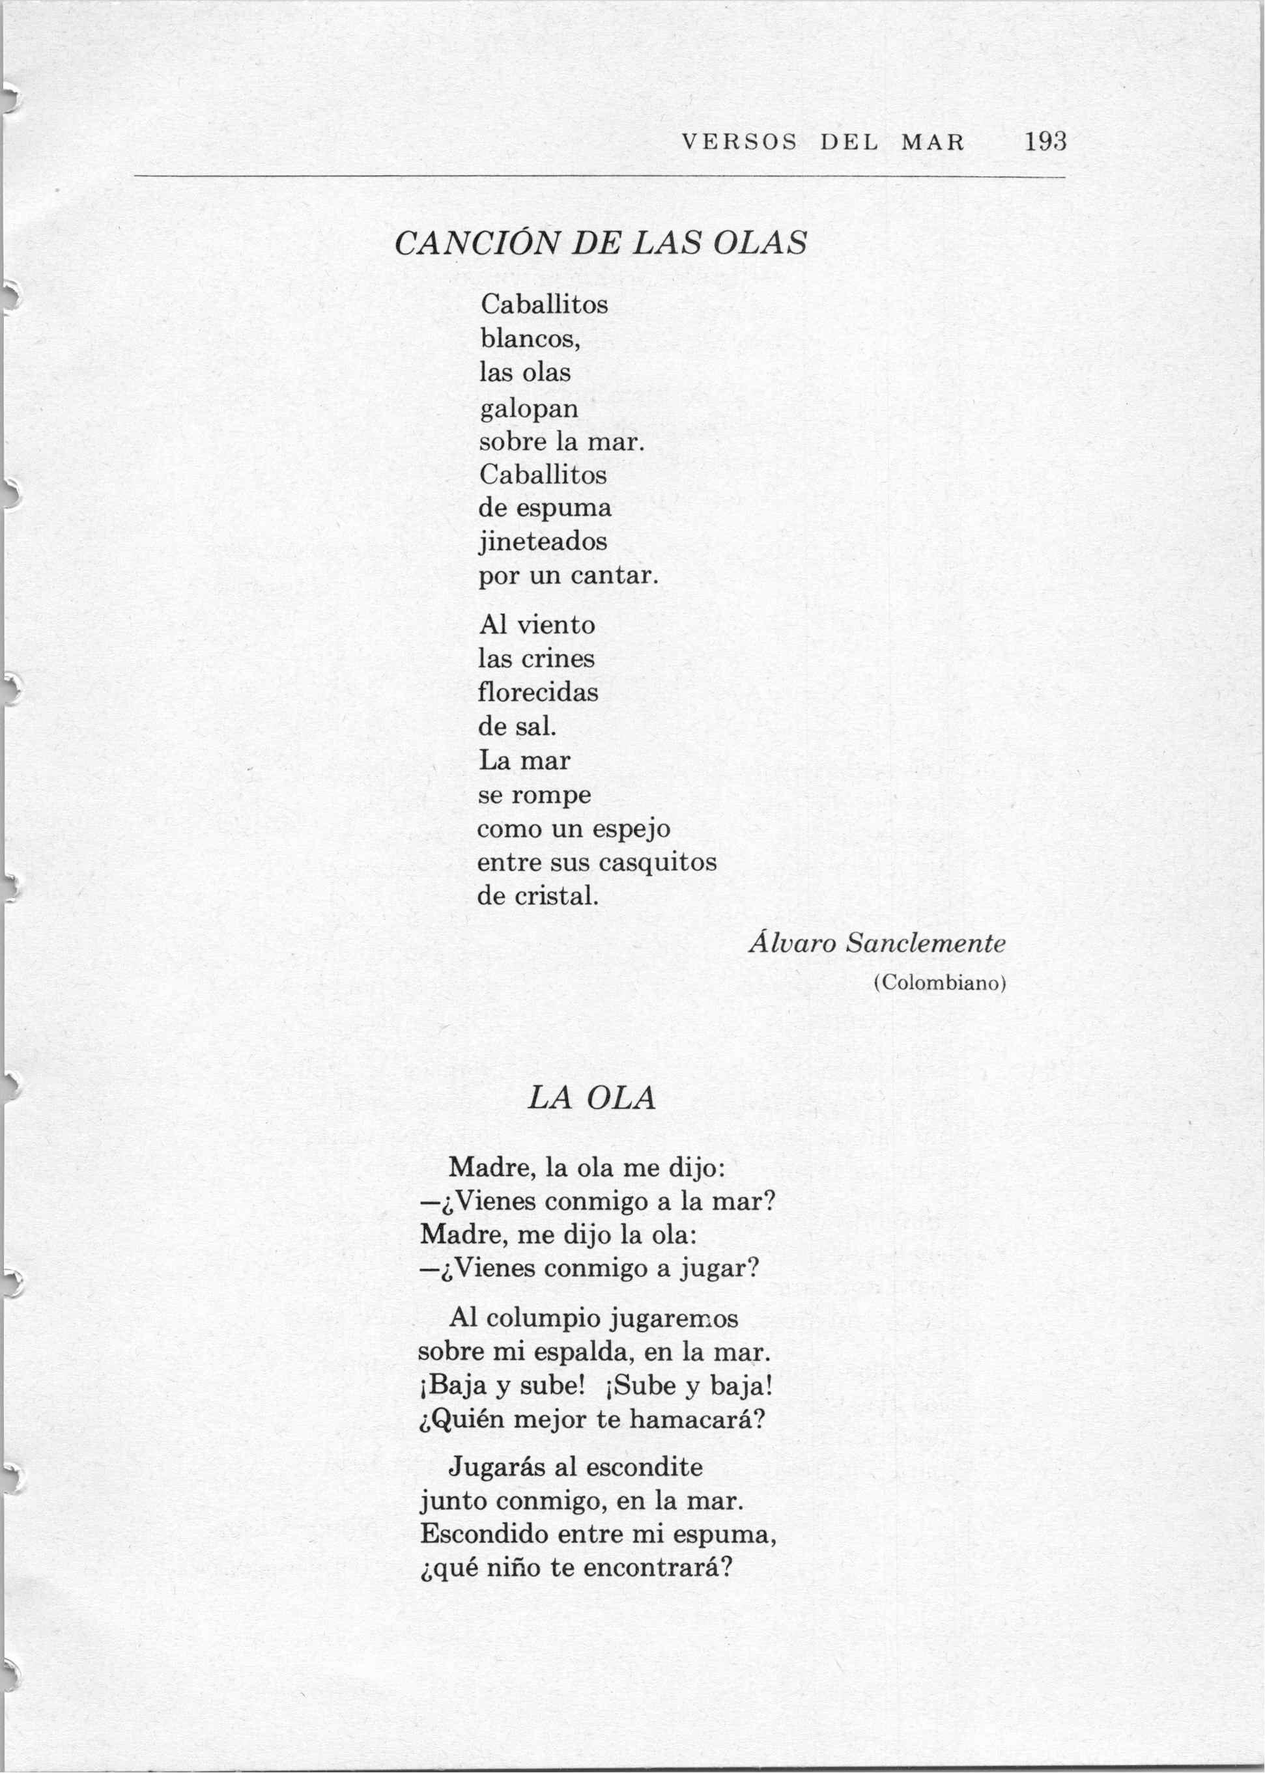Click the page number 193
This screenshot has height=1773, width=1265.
coord(1045,142)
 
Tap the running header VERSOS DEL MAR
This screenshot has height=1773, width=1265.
coord(823,143)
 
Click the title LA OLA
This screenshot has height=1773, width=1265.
coord(592,1098)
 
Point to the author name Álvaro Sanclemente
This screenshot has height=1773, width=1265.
coord(877,943)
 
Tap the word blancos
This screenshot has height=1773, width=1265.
coord(529,339)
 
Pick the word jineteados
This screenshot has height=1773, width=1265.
coord(543,541)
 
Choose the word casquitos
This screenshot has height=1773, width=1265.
coord(657,862)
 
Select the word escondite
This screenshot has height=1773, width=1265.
coord(644,1468)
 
